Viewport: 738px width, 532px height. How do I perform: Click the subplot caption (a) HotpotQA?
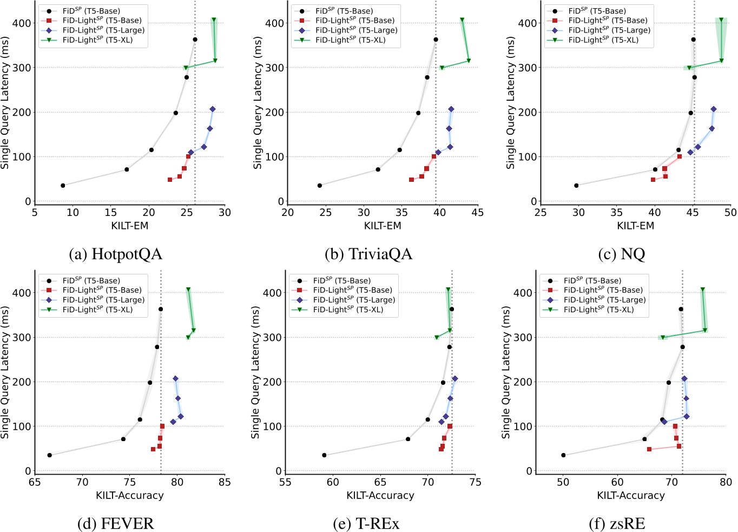click(115, 254)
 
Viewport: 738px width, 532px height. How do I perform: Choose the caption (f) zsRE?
click(617, 523)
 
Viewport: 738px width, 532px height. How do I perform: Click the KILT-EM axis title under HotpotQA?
click(129, 226)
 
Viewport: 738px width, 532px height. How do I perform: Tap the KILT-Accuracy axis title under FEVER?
click(129, 495)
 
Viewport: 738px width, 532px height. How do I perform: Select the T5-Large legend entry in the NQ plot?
click(609, 30)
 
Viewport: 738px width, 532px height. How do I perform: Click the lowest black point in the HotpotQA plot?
click(63, 186)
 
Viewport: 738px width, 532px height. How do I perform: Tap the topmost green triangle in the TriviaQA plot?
click(462, 20)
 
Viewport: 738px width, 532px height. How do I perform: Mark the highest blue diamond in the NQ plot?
click(713, 109)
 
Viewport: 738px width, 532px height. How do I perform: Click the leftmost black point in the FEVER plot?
click(50, 455)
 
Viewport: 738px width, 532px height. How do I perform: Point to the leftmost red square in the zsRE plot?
click(649, 449)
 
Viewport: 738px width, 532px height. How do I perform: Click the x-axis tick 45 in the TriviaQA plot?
click(477, 213)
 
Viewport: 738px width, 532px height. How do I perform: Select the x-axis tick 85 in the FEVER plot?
click(225, 482)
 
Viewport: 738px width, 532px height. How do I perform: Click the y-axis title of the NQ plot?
click(510, 103)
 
